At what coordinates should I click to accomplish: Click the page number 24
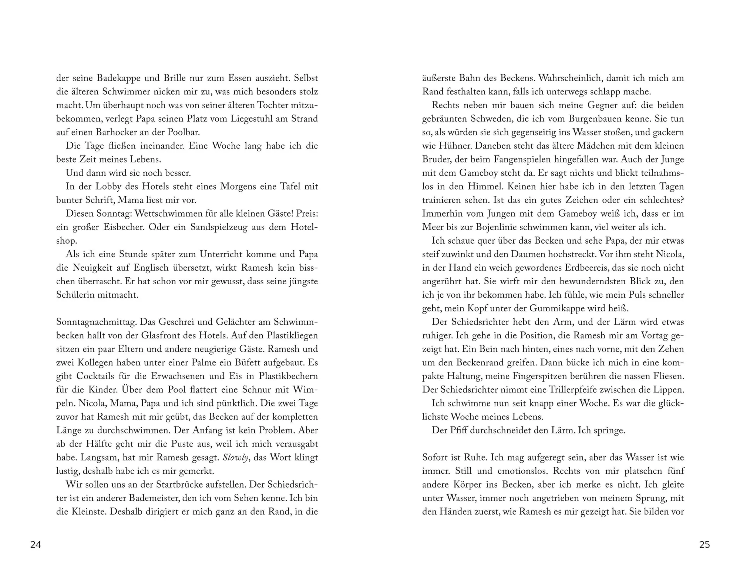pyautogui.click(x=36, y=545)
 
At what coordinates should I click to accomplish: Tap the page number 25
pyautogui.click(x=704, y=545)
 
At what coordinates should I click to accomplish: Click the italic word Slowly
pyautogui.click(x=236, y=457)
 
